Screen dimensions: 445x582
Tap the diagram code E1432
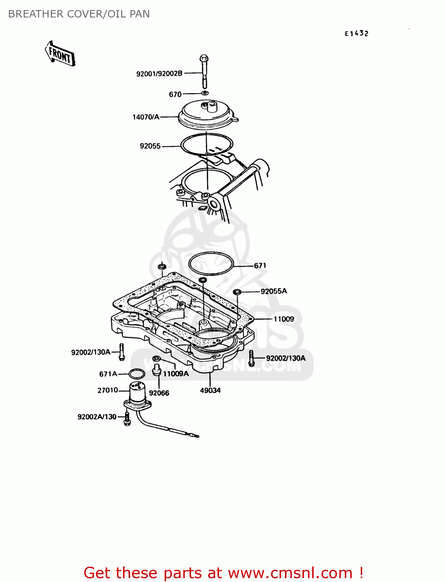(356, 34)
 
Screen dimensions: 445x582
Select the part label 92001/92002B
(159, 74)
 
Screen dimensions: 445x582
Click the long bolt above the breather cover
(204, 71)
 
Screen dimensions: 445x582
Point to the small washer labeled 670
(205, 93)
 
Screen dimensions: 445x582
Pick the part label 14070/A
(146, 117)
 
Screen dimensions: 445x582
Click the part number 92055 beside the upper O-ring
(150, 146)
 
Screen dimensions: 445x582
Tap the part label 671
(260, 265)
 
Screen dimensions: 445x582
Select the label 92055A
(274, 291)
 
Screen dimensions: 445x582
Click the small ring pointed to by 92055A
(237, 292)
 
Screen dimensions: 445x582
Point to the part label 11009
(284, 319)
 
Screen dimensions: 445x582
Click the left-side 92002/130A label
(91, 352)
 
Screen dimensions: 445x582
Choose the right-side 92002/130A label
(286, 358)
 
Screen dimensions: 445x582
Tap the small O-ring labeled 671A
(137, 374)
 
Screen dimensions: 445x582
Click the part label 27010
(108, 390)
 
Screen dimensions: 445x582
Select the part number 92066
(159, 393)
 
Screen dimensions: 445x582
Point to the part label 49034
(210, 390)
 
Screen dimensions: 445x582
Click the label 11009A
(176, 374)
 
